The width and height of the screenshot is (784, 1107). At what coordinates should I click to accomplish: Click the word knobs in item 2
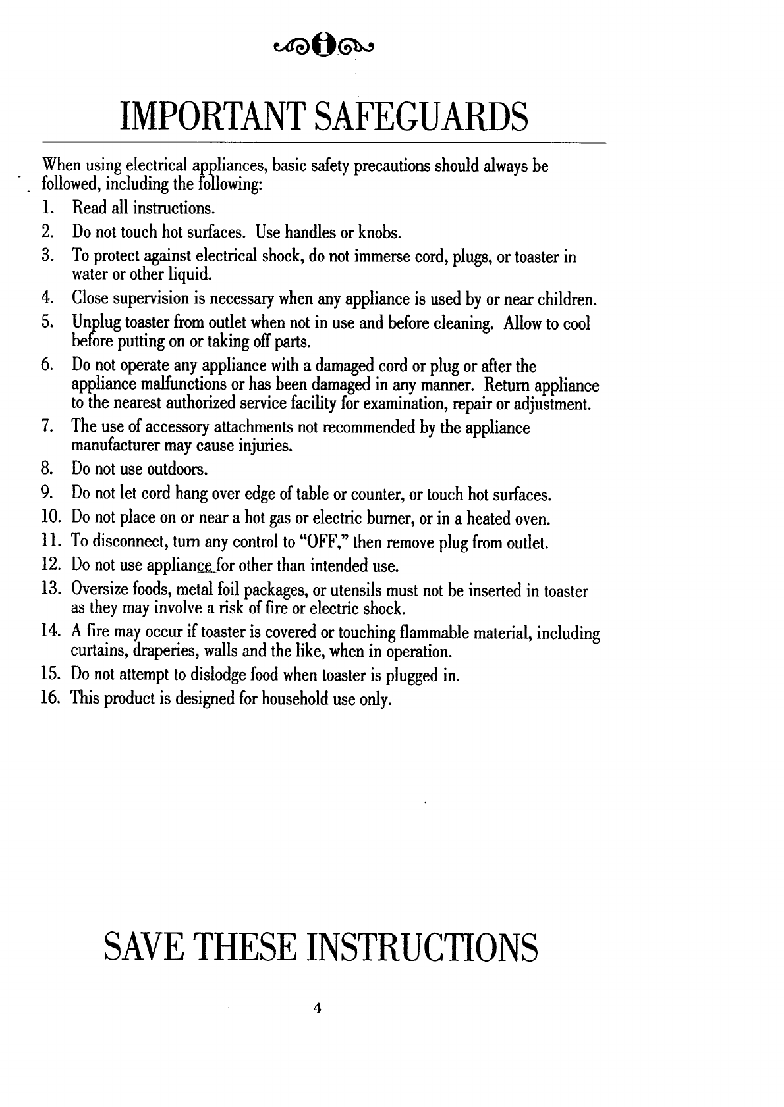pyautogui.click(x=378, y=232)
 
